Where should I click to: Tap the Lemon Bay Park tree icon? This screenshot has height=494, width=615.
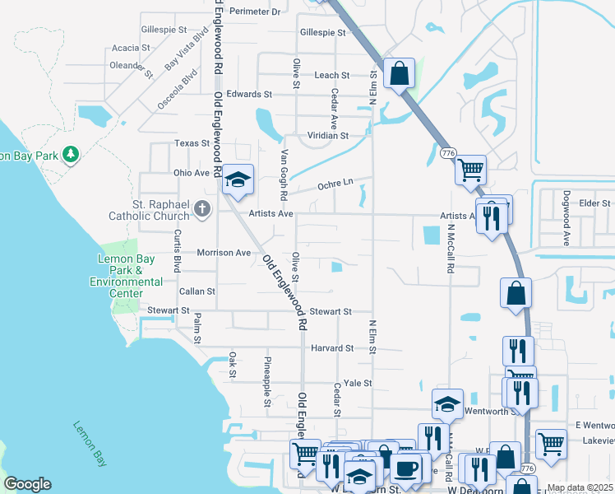coord(72,154)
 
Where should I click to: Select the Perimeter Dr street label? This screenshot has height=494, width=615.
coord(255,12)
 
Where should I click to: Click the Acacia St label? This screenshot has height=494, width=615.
coord(131,48)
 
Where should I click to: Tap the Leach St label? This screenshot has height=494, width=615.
coord(332,75)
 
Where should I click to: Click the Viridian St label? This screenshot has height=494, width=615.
coord(328,135)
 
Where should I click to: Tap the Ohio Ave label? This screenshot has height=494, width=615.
coord(192,173)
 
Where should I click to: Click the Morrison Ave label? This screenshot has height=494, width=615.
coord(223,253)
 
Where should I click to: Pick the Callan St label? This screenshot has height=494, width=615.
coord(197,291)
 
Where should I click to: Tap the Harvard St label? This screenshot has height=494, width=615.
coord(332,348)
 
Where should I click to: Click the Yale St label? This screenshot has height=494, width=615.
coord(358,383)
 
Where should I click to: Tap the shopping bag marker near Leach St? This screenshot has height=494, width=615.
coord(399,73)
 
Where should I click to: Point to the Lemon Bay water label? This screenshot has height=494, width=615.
coord(90,445)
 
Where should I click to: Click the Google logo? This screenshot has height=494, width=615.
coord(28,484)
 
